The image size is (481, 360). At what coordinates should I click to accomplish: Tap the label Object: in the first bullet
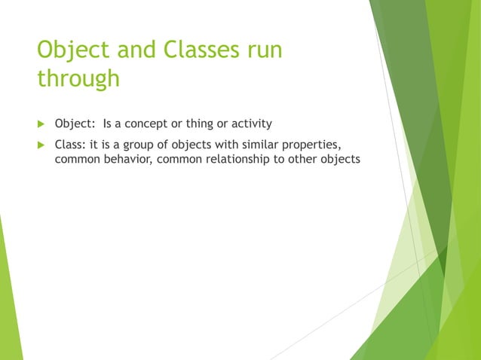(76, 124)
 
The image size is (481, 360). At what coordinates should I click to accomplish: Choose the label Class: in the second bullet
(72, 145)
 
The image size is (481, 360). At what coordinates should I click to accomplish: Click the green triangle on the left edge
(9, 301)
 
